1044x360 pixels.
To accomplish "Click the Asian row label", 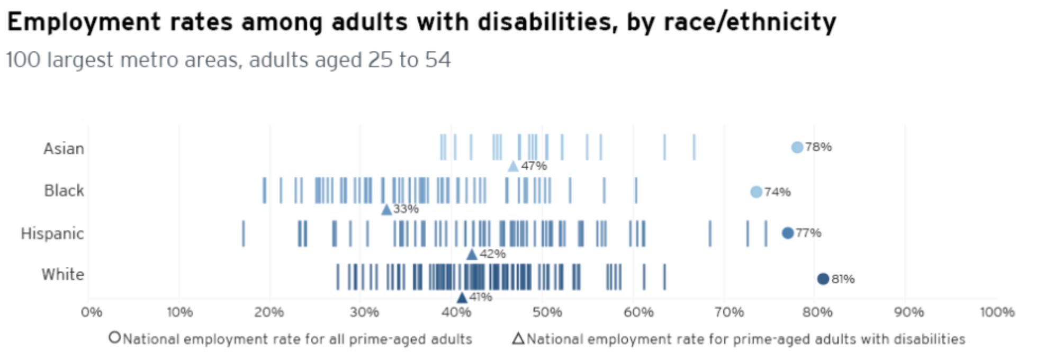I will (64, 148).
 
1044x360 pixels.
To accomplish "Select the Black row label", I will (64, 190).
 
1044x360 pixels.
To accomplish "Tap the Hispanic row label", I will (52, 233).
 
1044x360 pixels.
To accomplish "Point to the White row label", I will (62, 274).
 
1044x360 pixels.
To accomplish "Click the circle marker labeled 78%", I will (797, 147).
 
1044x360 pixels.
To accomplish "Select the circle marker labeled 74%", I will (756, 192).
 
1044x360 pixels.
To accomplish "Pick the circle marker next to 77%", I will (787, 233).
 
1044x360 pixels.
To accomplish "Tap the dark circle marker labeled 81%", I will (822, 279).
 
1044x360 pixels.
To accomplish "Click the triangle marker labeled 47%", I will (513, 167).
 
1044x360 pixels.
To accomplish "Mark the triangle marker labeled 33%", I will (386, 210).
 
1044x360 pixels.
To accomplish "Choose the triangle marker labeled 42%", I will (472, 255).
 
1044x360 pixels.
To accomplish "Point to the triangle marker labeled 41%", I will (462, 298).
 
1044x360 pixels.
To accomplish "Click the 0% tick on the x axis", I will (91, 312).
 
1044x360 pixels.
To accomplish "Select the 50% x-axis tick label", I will (547, 312).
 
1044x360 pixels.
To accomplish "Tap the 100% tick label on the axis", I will (997, 312).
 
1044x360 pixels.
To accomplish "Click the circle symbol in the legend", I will (114, 337).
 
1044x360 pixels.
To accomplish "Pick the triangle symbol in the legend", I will (518, 338).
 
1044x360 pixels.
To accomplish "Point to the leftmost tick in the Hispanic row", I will (243, 233).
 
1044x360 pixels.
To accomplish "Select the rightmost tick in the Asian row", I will (694, 147).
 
